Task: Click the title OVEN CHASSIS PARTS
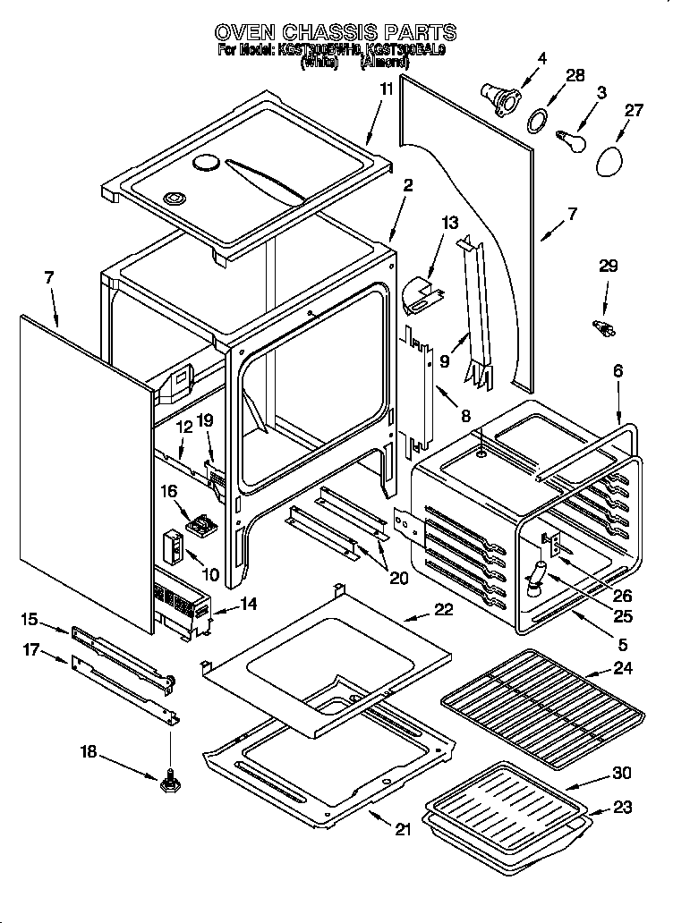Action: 336,33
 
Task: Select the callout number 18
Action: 88,753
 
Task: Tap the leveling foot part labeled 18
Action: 168,783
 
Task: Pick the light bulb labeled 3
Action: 568,140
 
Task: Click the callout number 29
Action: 609,267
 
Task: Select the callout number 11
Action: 386,89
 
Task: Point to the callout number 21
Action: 403,829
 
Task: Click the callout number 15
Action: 30,619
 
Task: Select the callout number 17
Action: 30,650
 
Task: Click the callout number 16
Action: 169,491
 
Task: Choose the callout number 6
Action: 618,370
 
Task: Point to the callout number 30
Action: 621,773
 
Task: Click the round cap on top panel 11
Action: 207,163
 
